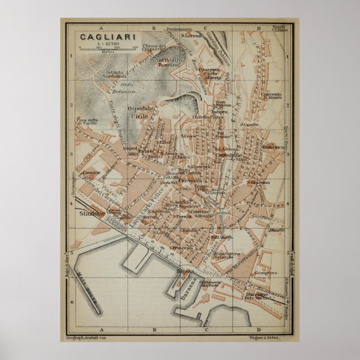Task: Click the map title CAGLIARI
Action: point(96,37)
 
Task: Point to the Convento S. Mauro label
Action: point(272,96)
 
